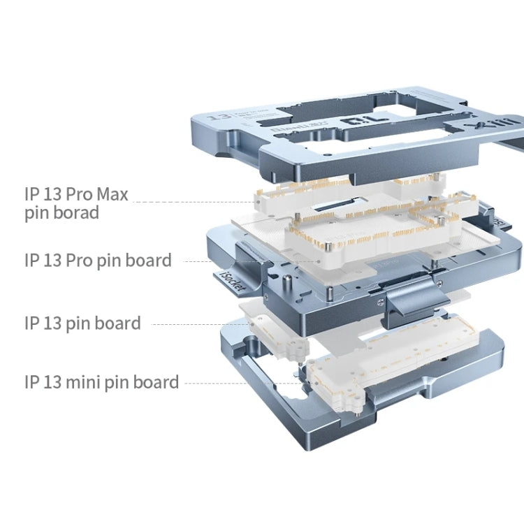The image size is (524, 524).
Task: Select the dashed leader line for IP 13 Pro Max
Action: (x=196, y=202)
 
